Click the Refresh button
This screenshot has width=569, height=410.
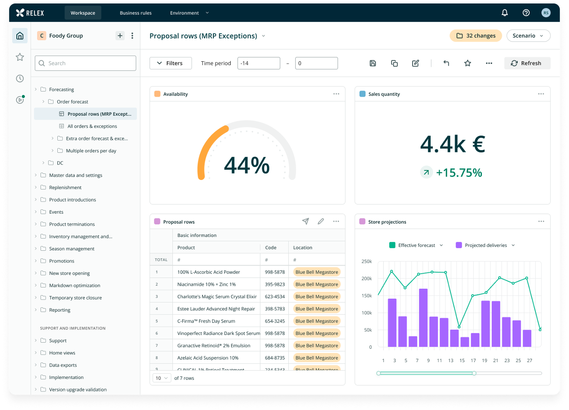[527, 63]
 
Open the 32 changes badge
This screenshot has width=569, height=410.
[475, 36]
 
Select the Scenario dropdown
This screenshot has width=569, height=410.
[528, 36]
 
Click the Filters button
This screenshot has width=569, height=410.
[170, 63]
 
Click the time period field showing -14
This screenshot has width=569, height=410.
[258, 63]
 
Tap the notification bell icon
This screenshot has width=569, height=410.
[504, 13]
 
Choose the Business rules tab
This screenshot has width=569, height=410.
[135, 13]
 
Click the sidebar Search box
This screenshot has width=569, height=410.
[85, 63]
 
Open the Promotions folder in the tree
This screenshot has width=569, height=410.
[62, 261]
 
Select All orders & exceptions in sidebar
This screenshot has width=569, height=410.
[92, 126]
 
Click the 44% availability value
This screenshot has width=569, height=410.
[247, 166]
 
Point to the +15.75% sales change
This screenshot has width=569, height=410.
[459, 173]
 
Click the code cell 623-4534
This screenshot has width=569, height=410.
[275, 296]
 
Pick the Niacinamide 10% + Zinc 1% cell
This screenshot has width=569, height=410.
[206, 284]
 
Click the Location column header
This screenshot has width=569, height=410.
[303, 248]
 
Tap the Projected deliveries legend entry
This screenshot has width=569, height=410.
[485, 245]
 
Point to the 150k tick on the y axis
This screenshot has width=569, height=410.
[366, 296]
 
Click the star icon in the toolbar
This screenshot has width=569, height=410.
[467, 63]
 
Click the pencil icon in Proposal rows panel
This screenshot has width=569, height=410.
[321, 221]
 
